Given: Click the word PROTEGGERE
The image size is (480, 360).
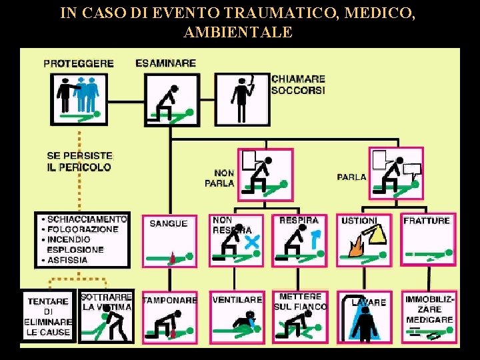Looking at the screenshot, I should [78, 64].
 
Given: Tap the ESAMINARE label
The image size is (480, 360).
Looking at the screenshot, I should [165, 63].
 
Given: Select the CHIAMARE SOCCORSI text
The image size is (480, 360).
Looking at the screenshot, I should [298, 84].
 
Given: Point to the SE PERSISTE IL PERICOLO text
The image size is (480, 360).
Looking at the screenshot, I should [79, 161].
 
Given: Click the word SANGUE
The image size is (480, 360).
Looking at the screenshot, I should [168, 223].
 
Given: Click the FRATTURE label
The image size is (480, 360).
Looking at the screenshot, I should [427, 220].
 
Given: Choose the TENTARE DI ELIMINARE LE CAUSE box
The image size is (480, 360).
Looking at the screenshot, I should [49, 316].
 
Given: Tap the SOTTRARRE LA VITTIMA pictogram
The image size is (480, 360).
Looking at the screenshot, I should [107, 317].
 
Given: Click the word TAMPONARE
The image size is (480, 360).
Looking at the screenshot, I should [170, 300].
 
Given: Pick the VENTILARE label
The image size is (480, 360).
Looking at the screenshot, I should [237, 300].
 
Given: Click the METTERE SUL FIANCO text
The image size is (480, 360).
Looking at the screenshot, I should [300, 301].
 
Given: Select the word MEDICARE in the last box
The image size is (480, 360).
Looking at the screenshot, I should [430, 319].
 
